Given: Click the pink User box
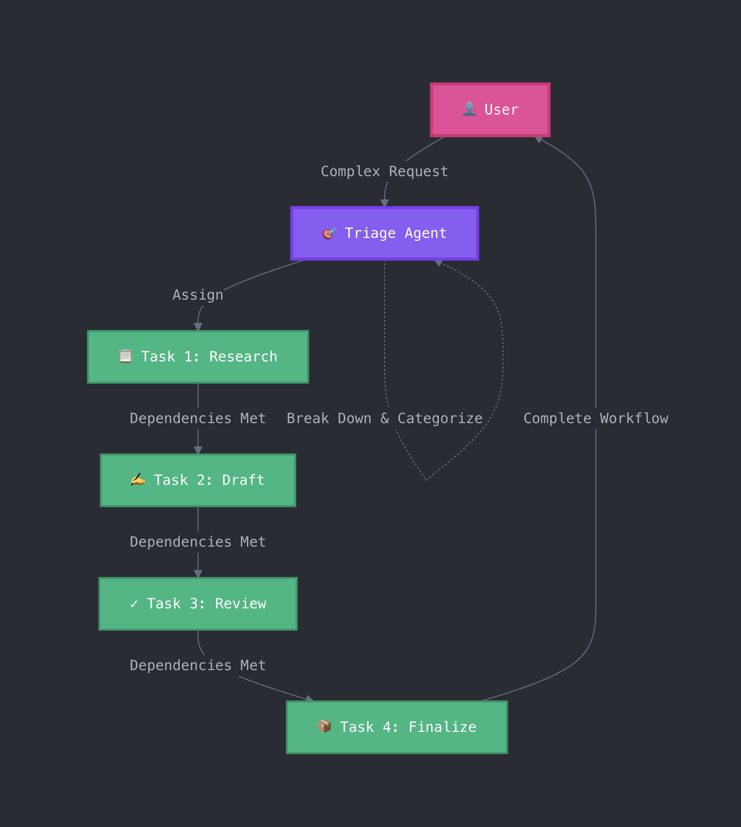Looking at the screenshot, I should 490,110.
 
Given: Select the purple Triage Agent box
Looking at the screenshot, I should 385,233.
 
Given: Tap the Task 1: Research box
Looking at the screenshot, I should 198,357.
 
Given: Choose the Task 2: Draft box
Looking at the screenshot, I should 198,480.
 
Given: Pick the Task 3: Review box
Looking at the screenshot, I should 198,604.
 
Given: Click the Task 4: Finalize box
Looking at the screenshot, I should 397,727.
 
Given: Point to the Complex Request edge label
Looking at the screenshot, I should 384,172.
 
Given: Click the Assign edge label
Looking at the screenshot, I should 198,295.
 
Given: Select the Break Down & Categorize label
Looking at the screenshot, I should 384,419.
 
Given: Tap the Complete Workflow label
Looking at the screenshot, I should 596,419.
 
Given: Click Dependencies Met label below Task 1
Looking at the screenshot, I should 198,419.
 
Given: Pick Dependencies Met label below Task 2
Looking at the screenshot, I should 198,542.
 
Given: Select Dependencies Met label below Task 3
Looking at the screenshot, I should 198,666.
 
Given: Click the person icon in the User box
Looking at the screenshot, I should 469,109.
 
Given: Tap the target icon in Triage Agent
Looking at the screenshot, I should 329,233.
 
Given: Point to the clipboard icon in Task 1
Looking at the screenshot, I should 126,356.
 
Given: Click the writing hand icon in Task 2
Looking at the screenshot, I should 138,479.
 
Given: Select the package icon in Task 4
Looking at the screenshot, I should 324,726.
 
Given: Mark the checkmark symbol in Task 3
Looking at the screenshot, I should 134,604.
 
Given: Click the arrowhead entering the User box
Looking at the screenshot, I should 539,140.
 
